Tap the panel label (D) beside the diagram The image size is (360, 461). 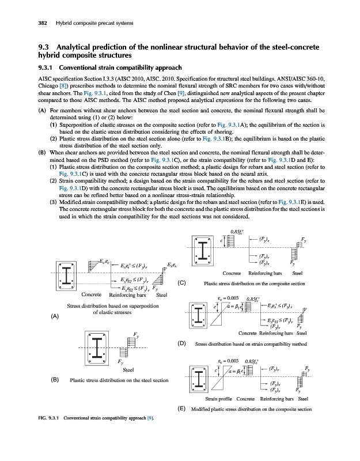181,343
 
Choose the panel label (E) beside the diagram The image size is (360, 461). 181,410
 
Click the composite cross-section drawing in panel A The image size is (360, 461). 70,277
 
